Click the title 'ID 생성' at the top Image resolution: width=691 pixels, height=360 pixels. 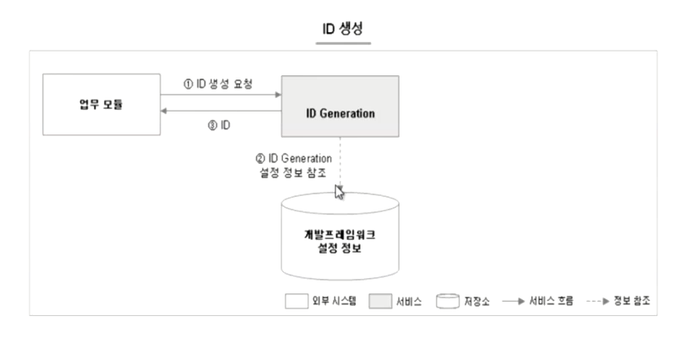pyautogui.click(x=343, y=29)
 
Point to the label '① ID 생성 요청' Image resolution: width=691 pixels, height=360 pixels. pyautogui.click(x=219, y=85)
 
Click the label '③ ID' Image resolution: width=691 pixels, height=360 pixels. pyautogui.click(x=220, y=124)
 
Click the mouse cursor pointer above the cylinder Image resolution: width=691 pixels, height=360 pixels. pyautogui.click(x=339, y=191)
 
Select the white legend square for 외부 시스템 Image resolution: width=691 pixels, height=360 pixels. pyautogui.click(x=297, y=300)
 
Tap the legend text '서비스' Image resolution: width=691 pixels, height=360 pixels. pyautogui.click(x=412, y=300)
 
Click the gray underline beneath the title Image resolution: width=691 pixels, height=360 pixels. pyautogui.click(x=343, y=42)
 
